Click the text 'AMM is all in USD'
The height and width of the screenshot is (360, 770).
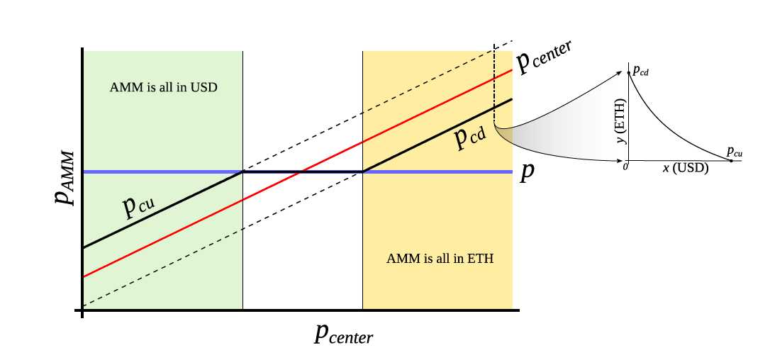pos(163,89)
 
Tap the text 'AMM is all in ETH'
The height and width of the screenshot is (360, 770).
pos(440,259)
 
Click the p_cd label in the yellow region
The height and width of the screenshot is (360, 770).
pos(469,137)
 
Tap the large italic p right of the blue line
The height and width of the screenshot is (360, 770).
pos(526,174)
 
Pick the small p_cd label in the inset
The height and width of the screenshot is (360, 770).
pos(640,70)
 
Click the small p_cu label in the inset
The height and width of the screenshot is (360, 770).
pos(735,152)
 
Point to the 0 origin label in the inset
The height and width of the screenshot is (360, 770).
pos(625,167)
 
